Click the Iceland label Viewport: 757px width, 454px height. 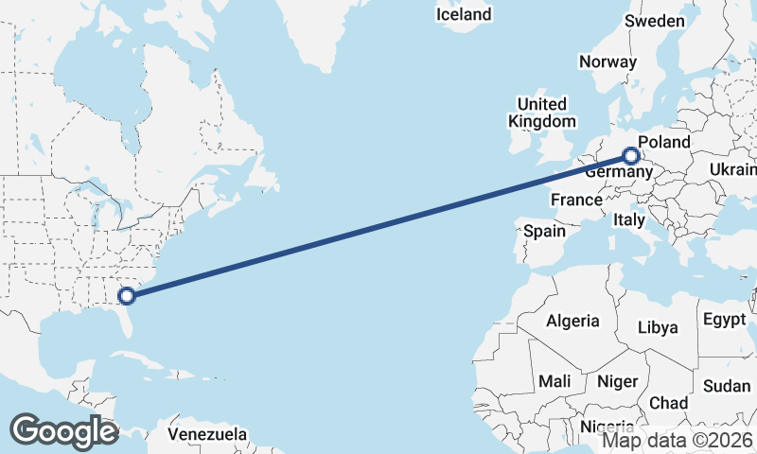(464, 14)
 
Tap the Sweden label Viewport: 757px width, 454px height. (655, 21)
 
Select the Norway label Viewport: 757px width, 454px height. (607, 61)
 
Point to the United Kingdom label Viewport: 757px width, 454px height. (541, 113)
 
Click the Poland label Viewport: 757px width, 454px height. (664, 142)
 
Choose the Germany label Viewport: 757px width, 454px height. (618, 173)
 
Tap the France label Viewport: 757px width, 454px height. (576, 200)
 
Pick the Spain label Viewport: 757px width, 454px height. (545, 231)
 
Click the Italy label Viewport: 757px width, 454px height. (628, 219)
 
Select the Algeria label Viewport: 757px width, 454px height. (572, 321)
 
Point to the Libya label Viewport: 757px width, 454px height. (658, 327)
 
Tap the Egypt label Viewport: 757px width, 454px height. (725, 320)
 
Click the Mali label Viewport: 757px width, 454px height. (555, 381)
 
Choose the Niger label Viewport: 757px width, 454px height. (617, 381)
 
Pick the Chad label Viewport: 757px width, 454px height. (669, 403)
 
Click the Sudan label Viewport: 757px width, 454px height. (727, 386)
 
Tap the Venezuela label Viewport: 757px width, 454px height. (208, 435)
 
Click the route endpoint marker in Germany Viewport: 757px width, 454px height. (631, 155)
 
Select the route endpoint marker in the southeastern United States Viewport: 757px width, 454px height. (127, 296)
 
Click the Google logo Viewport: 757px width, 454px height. (63, 431)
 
